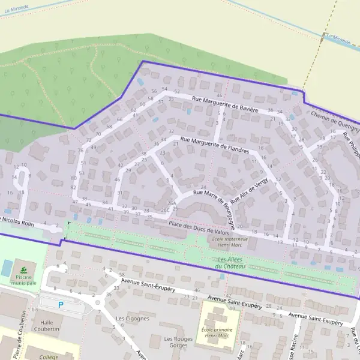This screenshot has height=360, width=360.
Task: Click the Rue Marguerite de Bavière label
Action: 225,104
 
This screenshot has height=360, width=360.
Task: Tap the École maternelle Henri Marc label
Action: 230,242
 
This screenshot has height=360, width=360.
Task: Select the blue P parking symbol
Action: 60,305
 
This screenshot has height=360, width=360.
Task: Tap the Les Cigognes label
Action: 132,319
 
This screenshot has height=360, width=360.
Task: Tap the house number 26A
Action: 172,203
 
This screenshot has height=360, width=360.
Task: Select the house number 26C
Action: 164,210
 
